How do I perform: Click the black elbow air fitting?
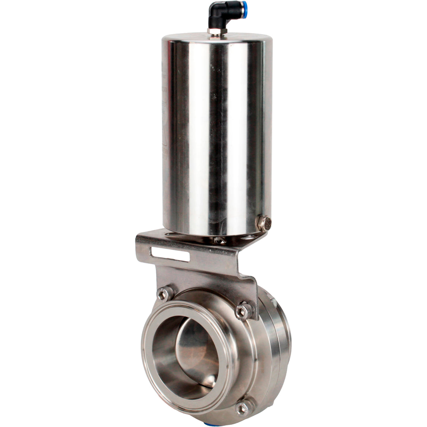coord(216,15)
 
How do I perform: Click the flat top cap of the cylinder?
coord(216,37)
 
